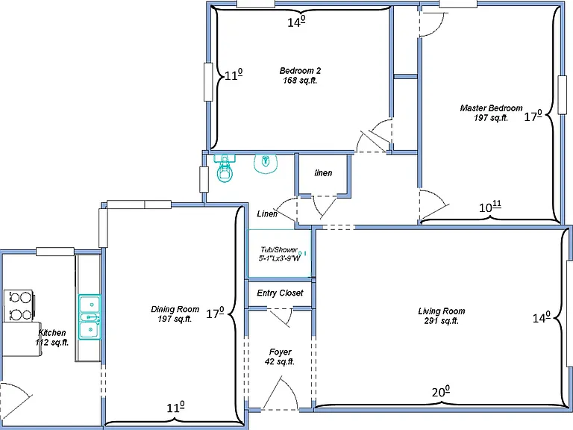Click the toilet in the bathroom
click(225, 168)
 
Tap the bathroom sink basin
click(266, 163)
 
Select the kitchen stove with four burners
click(18, 305)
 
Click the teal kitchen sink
click(90, 317)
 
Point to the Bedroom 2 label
click(300, 71)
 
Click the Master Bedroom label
click(491, 108)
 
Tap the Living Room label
click(442, 311)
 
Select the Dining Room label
click(175, 309)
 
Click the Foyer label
click(281, 352)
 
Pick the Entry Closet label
click(280, 293)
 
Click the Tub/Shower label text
click(279, 250)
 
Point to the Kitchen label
click(52, 333)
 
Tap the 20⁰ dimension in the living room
click(441, 392)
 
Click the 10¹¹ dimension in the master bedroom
click(489, 207)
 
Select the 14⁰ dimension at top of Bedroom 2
click(296, 22)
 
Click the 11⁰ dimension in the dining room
click(175, 407)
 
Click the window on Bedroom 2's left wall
click(208, 82)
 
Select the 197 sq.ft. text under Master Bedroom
click(491, 118)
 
